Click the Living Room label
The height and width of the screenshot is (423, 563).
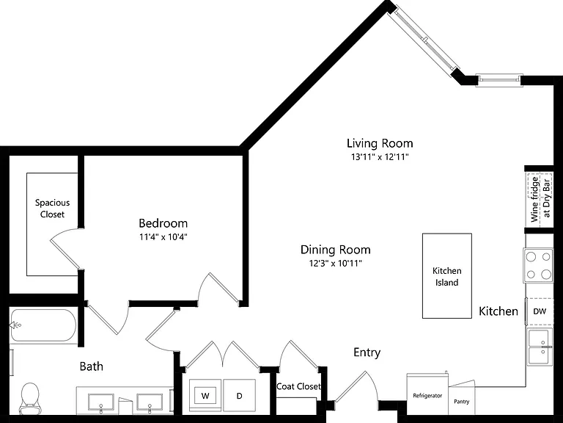[380, 143]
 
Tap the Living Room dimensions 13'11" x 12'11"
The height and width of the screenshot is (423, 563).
[380, 157]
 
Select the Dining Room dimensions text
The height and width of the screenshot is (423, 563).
[335, 264]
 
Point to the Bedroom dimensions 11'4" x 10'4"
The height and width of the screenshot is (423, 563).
[163, 237]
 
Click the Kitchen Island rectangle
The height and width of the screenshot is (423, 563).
[447, 276]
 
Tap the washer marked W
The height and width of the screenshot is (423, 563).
[205, 396]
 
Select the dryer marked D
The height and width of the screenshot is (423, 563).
[240, 396]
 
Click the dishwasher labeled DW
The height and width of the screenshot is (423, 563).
[540, 311]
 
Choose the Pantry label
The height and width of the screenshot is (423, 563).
[461, 402]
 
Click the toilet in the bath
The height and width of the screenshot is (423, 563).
[29, 398]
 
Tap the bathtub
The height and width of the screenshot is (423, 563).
[43, 325]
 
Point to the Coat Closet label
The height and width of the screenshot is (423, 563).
[298, 386]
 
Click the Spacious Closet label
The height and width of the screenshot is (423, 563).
[53, 209]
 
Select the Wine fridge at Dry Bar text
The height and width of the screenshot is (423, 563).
[540, 199]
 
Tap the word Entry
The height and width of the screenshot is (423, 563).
[367, 352]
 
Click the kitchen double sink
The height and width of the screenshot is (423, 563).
[540, 347]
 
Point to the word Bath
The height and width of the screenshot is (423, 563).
[91, 366]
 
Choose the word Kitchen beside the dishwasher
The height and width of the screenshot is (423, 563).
[498, 311]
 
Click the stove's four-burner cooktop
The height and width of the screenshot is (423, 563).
[538, 266]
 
